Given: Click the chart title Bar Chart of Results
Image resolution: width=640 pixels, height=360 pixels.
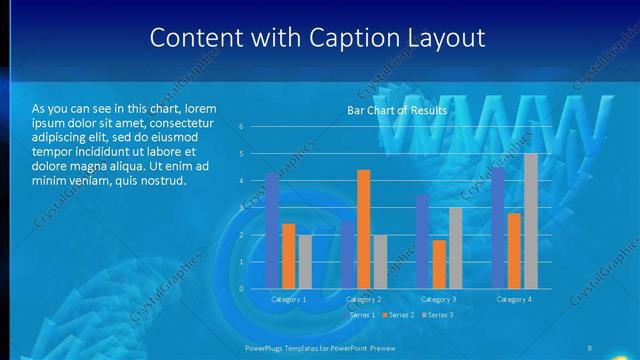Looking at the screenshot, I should click(396, 110).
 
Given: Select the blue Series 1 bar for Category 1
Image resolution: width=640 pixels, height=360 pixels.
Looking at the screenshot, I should click(272, 231).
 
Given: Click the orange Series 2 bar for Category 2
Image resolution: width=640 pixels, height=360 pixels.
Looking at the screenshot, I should click(363, 229).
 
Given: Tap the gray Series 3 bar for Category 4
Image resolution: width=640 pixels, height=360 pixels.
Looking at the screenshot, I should click(530, 221).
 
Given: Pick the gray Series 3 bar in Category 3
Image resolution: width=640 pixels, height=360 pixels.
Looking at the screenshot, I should click(455, 248).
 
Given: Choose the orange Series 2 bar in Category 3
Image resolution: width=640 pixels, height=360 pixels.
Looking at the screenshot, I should click(439, 264).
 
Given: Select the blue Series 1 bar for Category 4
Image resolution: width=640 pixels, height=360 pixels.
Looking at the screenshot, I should click(497, 228).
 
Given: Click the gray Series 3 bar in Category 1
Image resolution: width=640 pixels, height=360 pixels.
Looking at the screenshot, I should click(305, 262).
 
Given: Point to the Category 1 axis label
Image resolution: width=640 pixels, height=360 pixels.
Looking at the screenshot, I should click(289, 299).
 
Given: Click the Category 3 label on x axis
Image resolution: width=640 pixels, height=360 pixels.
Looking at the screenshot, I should click(438, 299).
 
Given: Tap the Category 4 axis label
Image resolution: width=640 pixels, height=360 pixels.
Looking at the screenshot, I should click(513, 299).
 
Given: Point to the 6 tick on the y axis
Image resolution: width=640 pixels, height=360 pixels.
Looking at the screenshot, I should click(241, 127).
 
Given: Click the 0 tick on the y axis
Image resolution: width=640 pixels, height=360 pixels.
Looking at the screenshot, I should click(241, 289).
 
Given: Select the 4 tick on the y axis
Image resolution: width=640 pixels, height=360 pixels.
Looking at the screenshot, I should click(241, 181).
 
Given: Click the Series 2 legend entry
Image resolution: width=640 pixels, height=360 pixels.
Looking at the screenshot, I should click(399, 315).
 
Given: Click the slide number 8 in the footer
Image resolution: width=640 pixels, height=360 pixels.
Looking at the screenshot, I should click(590, 347).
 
